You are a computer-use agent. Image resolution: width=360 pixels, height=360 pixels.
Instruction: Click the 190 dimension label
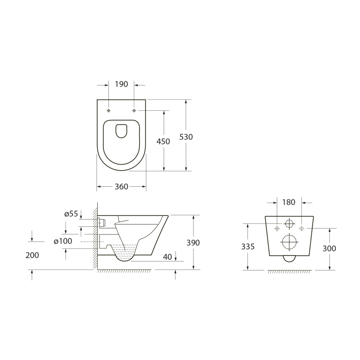coord(121,84)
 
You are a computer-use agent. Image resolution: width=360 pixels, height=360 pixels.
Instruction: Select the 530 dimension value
coord(186,137)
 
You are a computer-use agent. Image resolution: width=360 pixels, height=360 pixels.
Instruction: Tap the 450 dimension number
coord(163,141)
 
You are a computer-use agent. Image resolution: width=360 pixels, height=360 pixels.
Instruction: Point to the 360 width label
coord(121,187)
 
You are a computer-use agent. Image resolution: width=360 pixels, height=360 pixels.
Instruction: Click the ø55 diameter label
coord(71,214)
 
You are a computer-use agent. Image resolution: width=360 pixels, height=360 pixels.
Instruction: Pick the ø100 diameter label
coord(63,241)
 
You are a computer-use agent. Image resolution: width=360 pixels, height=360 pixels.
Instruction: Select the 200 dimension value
coord(32,255)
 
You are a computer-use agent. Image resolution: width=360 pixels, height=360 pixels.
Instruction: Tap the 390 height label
coord(193,243)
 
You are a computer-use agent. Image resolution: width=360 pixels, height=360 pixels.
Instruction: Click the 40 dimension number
coord(167,257)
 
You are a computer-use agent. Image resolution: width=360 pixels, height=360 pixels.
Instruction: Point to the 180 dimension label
coord(288,202)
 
